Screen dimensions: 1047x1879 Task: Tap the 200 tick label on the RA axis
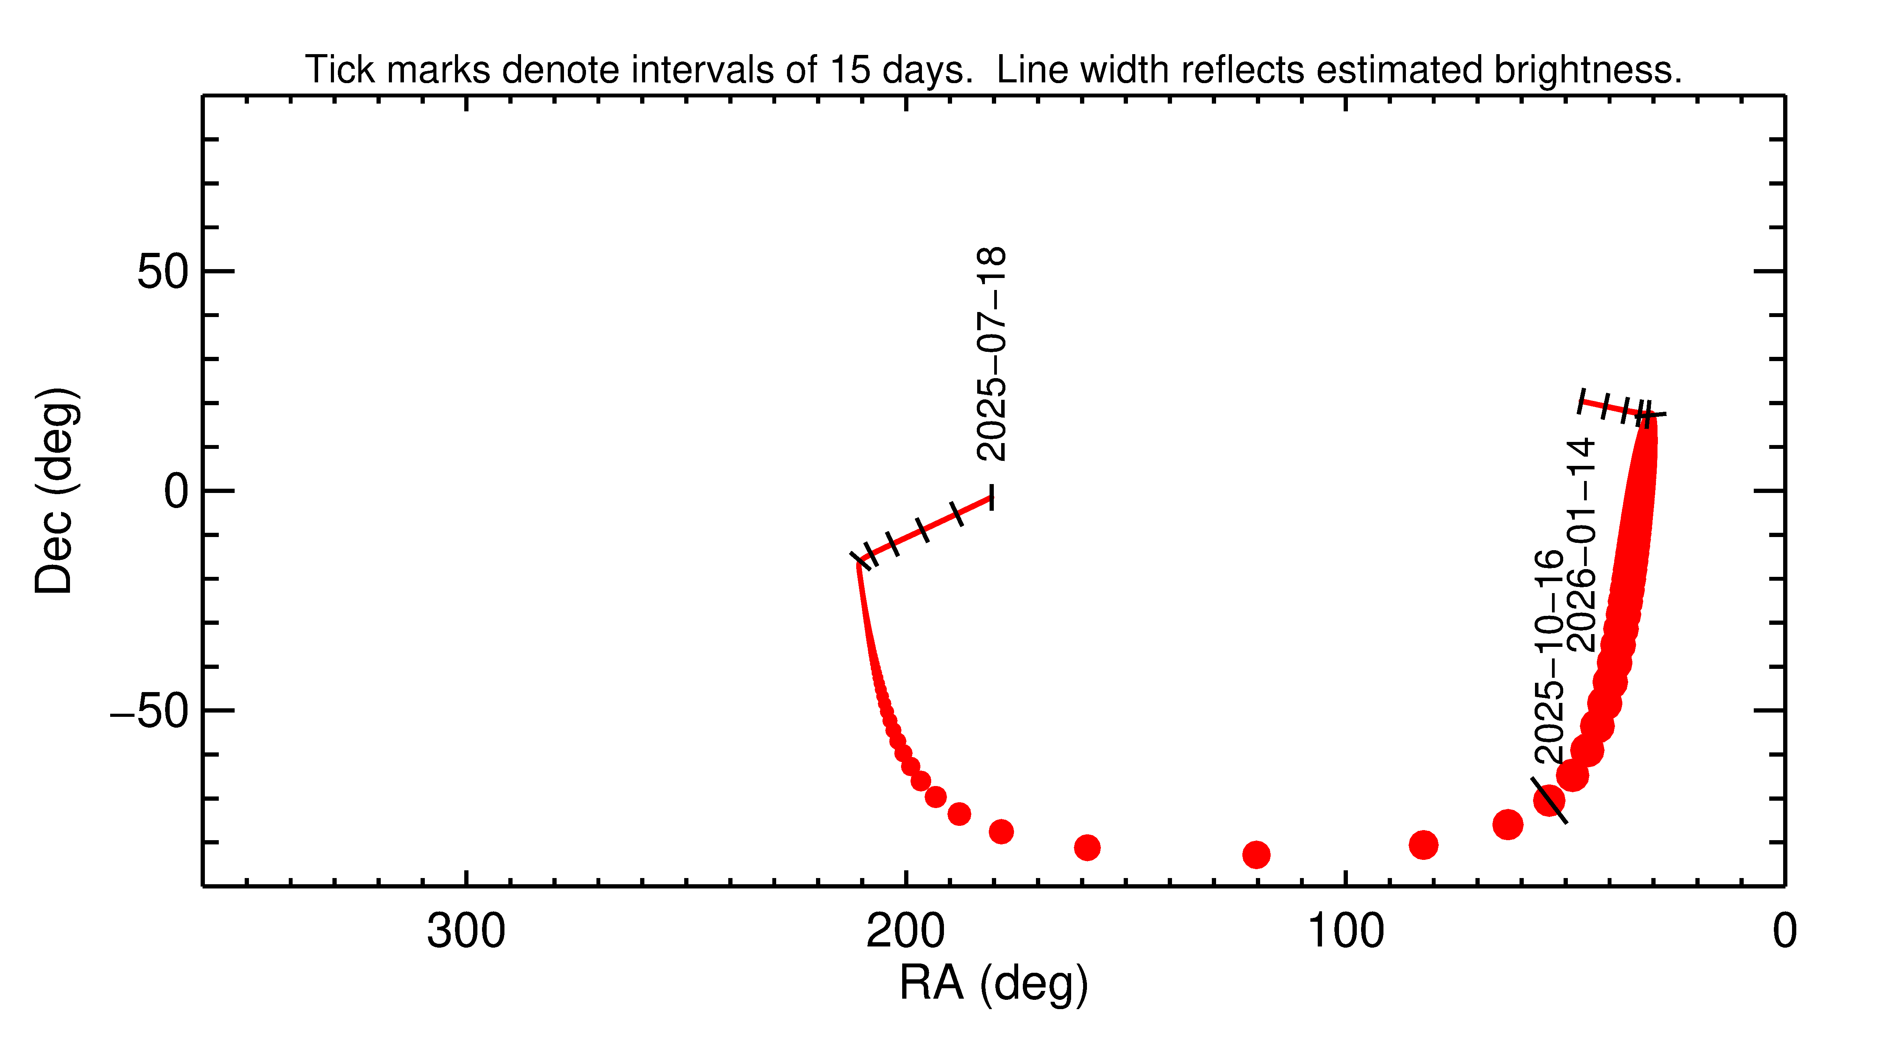coord(905,932)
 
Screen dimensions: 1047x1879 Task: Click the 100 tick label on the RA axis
coord(1345,932)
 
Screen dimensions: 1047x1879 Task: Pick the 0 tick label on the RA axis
coord(1784,932)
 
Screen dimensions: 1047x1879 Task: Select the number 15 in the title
coord(850,70)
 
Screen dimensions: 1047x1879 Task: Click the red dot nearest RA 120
coord(1256,854)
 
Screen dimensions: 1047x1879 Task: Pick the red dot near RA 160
coord(1087,847)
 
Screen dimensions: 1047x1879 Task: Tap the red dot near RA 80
coord(1423,845)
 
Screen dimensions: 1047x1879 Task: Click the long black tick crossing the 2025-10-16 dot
coord(1549,800)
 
